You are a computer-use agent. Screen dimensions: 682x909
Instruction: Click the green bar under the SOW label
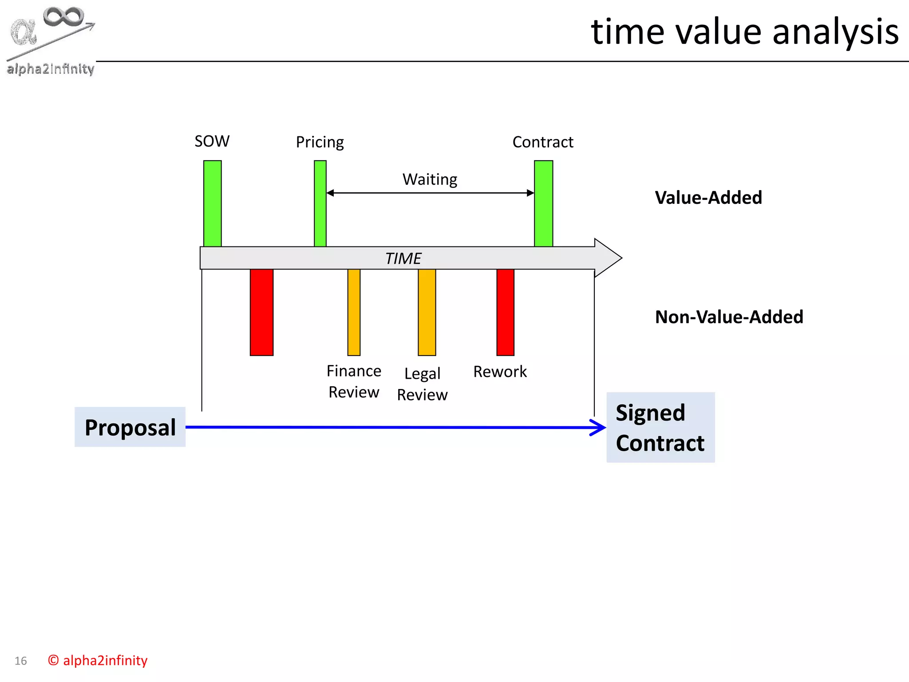click(212, 203)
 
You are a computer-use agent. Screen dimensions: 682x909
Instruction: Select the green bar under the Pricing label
click(320, 203)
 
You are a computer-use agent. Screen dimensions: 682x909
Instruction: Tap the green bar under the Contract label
click(543, 203)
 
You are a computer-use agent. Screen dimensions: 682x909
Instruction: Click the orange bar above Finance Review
click(354, 312)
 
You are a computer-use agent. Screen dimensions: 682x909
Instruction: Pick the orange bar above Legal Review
click(427, 312)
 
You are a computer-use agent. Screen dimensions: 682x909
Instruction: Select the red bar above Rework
click(505, 312)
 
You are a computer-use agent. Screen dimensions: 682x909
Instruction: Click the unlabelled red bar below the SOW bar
click(261, 312)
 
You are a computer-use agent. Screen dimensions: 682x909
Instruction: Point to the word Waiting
click(430, 179)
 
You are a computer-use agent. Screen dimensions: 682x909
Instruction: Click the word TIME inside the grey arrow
click(403, 258)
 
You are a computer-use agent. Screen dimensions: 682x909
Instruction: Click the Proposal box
click(130, 427)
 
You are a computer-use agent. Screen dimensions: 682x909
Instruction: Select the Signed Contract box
click(660, 428)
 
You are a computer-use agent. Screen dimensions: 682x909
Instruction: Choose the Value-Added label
click(708, 198)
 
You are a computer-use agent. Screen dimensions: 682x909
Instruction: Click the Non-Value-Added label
click(729, 317)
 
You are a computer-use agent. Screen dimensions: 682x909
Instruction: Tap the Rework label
click(500, 372)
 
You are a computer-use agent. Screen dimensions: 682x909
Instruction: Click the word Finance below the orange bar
click(354, 371)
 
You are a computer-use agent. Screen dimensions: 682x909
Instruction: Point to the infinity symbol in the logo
click(63, 17)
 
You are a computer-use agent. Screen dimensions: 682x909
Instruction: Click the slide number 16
click(21, 661)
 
